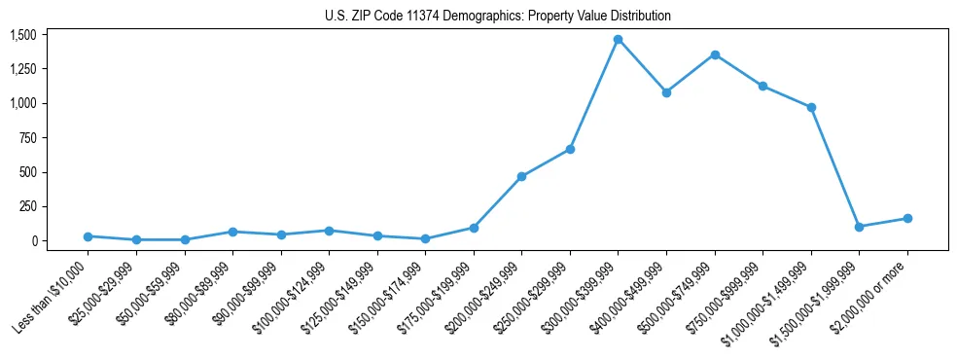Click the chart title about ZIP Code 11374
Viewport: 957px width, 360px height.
(498, 17)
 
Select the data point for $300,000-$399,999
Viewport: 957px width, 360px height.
(618, 40)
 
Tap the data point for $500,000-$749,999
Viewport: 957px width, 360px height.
(715, 54)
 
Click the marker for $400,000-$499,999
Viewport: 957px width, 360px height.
(666, 92)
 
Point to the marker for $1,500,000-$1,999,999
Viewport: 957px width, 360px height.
(859, 227)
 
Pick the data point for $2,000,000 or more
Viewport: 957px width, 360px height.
(907, 218)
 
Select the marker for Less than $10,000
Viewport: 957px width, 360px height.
(89, 236)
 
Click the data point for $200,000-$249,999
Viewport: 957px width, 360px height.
(521, 176)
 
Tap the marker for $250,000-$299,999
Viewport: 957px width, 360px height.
(570, 149)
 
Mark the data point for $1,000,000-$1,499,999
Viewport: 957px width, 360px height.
(811, 107)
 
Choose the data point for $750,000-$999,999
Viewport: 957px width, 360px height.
(762, 86)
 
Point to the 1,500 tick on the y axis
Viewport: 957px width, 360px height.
(22, 35)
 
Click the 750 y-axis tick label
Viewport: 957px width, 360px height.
(28, 138)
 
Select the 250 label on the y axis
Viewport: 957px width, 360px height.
(28, 206)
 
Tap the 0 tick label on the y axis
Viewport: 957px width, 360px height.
(33, 241)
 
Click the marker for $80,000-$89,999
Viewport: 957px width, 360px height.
(232, 232)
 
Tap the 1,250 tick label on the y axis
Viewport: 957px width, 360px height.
(22, 69)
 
